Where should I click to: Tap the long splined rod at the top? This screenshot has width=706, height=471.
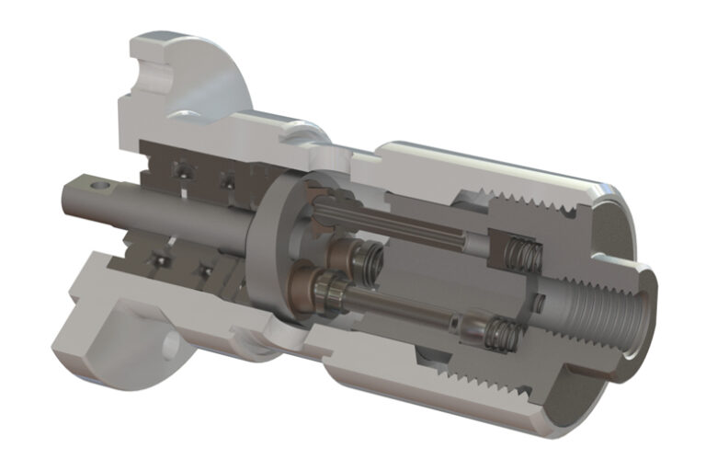395,225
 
